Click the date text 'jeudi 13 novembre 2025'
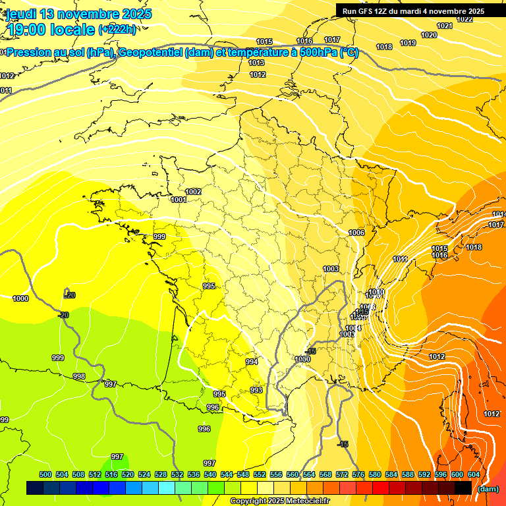79,14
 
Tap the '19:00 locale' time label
51,29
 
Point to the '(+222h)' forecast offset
118,29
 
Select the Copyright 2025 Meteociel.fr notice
279,501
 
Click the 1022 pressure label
464,19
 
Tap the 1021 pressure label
445,26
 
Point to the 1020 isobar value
429,35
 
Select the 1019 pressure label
408,43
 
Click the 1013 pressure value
256,63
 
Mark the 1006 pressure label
356,233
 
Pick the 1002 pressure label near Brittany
193,192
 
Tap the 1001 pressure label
179,200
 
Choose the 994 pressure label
252,362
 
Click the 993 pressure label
256,390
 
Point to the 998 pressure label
79,376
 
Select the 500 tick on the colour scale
45,474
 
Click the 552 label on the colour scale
260,474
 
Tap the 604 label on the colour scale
474,474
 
